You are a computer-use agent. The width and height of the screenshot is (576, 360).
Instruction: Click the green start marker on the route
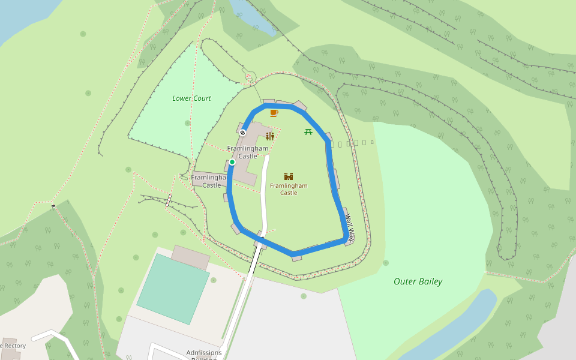point(232,162)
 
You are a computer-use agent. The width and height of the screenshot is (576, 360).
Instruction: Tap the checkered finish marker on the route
point(243,133)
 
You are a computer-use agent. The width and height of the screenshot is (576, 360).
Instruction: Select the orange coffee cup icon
point(274,113)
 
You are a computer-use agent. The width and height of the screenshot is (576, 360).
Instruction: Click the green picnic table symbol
point(308,131)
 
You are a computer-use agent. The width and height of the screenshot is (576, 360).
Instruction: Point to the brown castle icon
point(289,176)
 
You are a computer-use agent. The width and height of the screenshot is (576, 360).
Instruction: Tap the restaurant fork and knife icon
point(270,136)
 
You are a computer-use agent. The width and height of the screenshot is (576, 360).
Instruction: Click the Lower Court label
point(191,98)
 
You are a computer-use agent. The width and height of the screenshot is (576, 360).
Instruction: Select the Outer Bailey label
point(418,281)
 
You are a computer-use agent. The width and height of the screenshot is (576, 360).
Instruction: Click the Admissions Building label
point(204,353)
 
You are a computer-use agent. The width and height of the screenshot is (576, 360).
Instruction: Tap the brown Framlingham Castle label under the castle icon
point(289,189)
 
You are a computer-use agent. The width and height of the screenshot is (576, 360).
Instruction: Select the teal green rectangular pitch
point(173,289)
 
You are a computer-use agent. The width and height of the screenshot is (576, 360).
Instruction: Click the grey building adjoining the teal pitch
point(190,257)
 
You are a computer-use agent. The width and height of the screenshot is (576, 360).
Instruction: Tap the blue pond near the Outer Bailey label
point(456,324)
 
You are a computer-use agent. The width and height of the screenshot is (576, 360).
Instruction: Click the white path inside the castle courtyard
point(263,192)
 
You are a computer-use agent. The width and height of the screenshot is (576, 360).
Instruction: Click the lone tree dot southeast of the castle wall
point(385,262)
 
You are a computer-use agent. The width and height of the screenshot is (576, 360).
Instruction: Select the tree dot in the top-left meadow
point(88,93)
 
